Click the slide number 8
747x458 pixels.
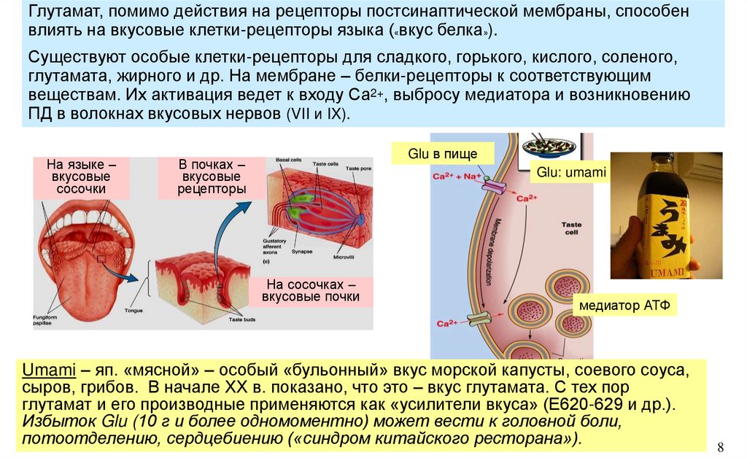click(721, 446)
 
